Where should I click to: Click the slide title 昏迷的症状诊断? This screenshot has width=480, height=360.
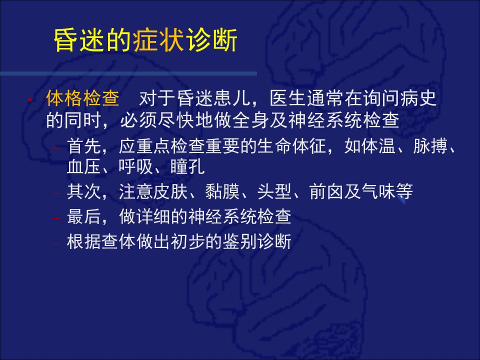tap(145, 40)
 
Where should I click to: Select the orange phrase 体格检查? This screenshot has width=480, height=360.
tap(82, 98)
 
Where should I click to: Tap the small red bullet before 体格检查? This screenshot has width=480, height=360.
tap(30, 99)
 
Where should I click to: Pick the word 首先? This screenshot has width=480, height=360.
tap(84, 146)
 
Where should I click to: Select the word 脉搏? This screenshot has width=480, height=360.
tap(430, 146)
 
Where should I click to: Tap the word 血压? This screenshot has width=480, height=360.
tap(84, 167)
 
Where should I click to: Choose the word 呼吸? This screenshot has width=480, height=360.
tap(135, 167)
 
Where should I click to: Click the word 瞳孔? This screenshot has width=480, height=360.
tap(187, 167)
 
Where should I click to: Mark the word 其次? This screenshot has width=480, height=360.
tap(84, 191)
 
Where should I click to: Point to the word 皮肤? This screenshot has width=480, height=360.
tap(170, 191)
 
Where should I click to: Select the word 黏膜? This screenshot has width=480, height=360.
tap(222, 191)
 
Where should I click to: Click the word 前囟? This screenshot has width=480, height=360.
tap(326, 191)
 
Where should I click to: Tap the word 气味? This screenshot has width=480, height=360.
tap(378, 191)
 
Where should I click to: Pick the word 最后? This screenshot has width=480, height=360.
tap(84, 216)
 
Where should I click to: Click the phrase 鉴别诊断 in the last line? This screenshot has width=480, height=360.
tap(256, 241)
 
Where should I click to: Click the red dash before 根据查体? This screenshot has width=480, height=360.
tap(56, 243)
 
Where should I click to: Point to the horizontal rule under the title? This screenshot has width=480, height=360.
tap(128, 73)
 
